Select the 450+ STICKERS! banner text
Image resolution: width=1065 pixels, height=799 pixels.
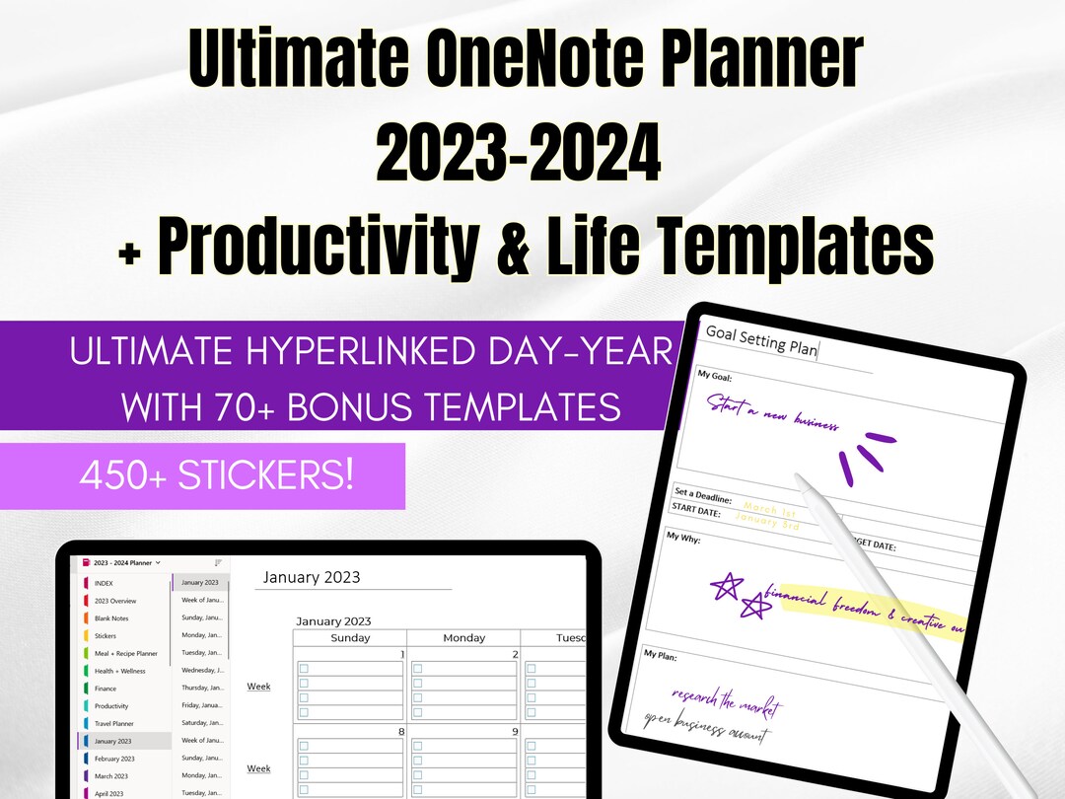216,476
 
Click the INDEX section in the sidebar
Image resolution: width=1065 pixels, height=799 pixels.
104,583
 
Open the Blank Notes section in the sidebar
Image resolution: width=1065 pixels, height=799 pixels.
111,618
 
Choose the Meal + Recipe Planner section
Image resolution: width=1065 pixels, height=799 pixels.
125,653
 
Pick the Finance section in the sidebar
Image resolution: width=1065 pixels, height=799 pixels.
105,689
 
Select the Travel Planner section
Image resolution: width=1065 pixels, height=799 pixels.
113,723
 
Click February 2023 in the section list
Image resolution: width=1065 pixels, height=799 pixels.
114,759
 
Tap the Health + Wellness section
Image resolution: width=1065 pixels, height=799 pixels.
119,671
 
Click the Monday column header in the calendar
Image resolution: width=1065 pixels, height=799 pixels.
463,638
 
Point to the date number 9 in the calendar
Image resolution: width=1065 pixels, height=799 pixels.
514,732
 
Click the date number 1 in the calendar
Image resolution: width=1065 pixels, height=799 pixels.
401,654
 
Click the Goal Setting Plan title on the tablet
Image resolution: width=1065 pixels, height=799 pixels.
761,340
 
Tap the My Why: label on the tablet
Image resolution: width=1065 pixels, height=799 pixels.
684,537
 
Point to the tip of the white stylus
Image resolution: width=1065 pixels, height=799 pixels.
801,480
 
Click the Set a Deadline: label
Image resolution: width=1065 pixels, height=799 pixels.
702,495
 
